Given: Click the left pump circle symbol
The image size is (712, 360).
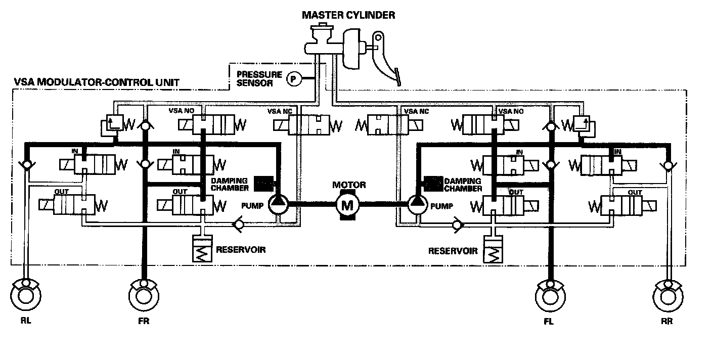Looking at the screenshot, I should click(x=278, y=204).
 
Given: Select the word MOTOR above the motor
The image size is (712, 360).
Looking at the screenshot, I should click(x=348, y=185).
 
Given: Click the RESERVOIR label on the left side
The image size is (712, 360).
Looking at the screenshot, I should click(x=241, y=249).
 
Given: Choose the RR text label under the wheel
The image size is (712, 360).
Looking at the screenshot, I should click(x=668, y=322).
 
